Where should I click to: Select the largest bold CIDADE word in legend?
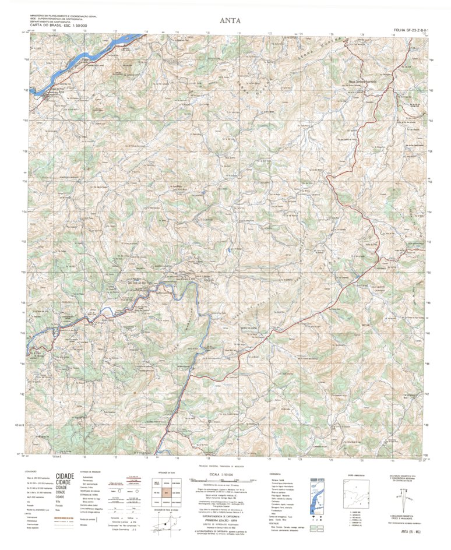click(x=65, y=475)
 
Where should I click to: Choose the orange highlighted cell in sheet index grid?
click(x=167, y=492)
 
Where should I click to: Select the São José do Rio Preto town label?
click(x=132, y=284)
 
